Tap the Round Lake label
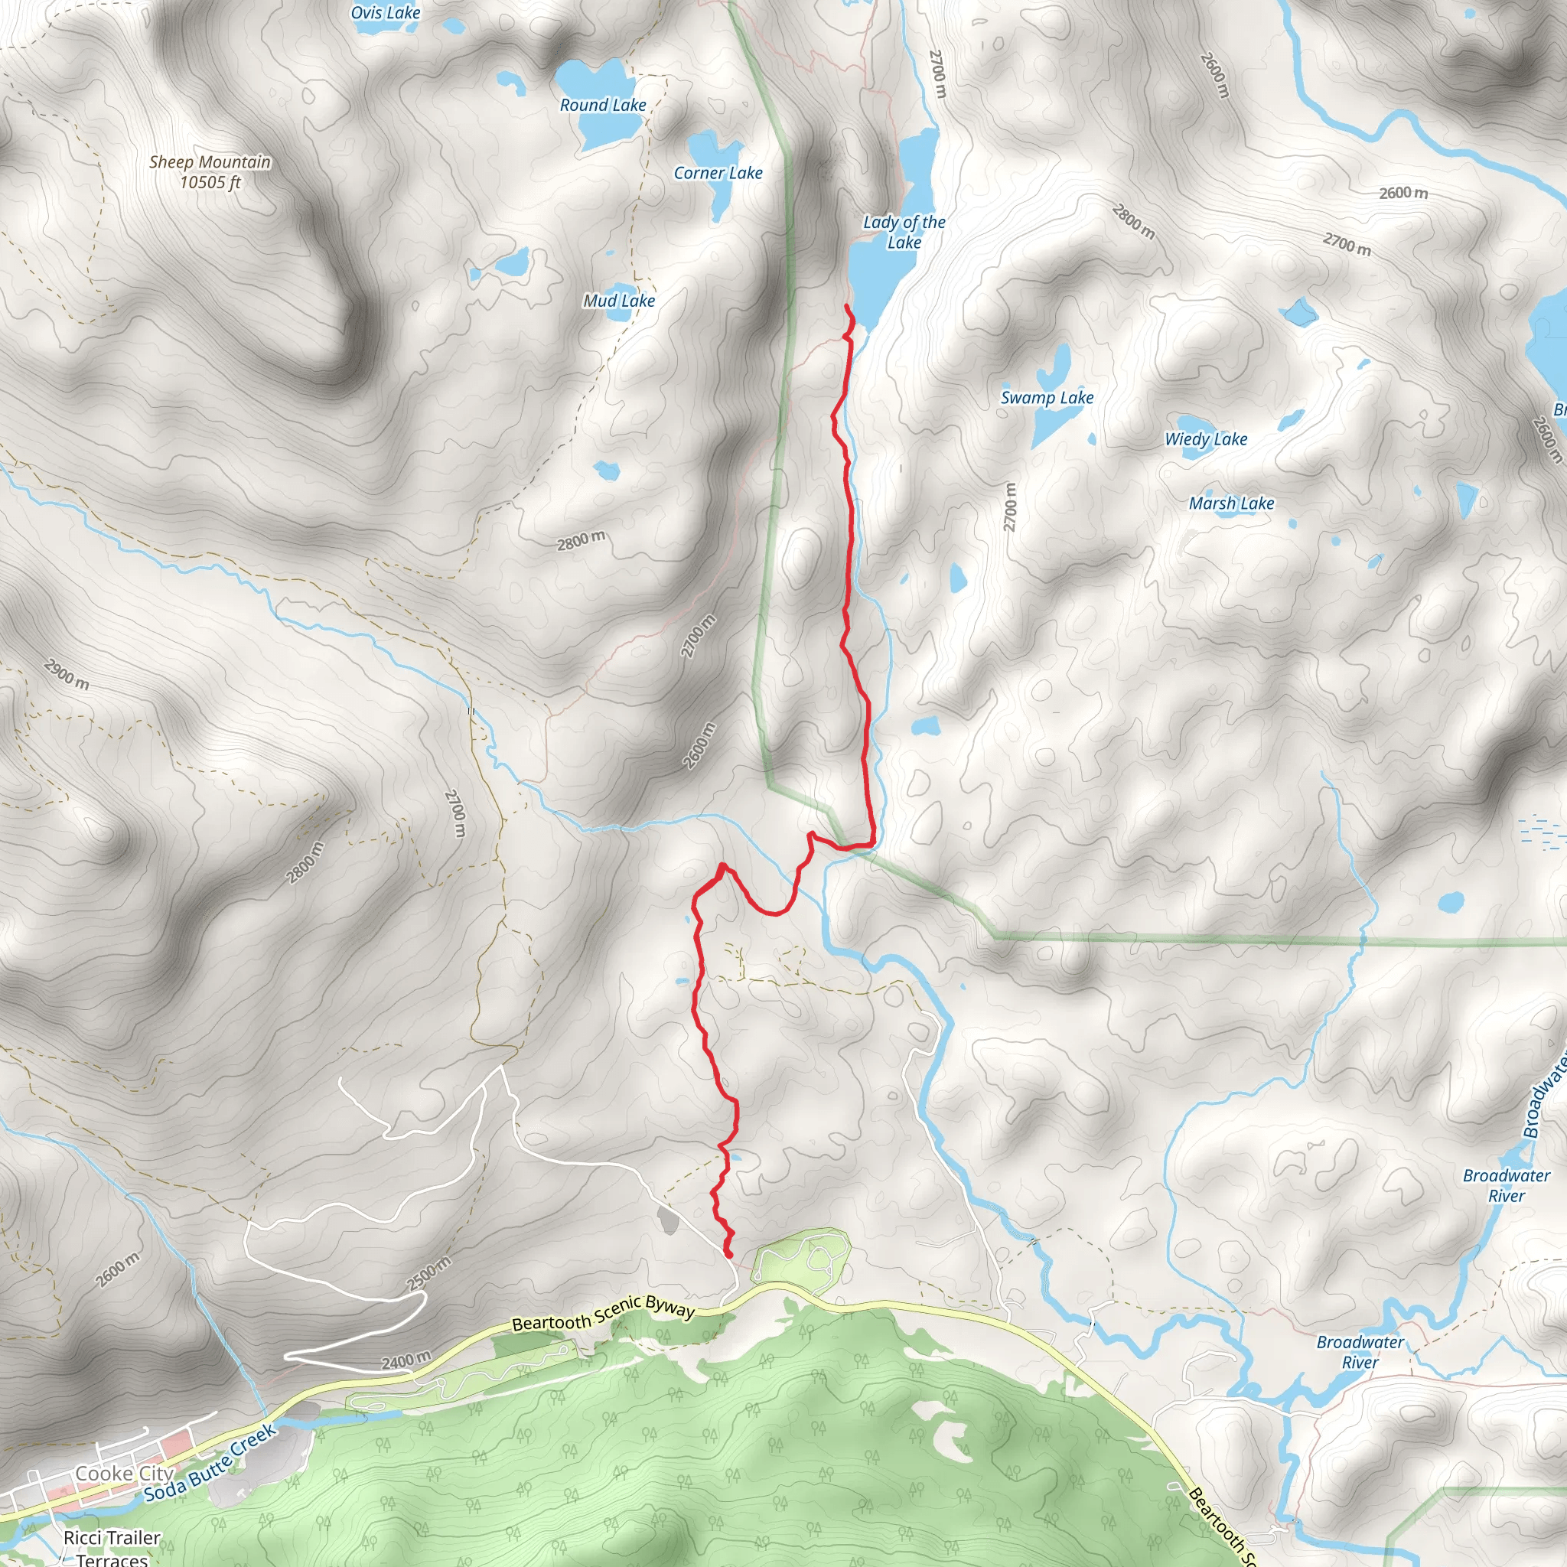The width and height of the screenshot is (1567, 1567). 603,106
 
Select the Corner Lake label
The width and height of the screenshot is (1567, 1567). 718,173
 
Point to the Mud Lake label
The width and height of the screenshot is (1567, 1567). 619,301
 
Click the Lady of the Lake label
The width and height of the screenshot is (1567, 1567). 904,232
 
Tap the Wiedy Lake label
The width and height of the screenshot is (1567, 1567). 1205,438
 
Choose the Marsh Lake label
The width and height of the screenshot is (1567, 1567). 1230,503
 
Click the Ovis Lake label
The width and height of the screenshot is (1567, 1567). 386,13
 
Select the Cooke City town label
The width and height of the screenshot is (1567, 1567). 124,1474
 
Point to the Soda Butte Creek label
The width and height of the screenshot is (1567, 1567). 211,1464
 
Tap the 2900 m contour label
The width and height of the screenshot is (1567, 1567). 67,675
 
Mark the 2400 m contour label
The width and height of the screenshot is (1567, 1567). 406,1360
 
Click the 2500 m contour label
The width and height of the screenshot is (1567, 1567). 428,1273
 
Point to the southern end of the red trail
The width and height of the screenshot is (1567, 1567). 728,1255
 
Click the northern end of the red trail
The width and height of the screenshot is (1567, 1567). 847,307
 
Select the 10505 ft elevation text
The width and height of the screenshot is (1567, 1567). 210,183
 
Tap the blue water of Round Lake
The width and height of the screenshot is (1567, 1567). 596,81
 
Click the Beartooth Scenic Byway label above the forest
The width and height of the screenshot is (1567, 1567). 604,1313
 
